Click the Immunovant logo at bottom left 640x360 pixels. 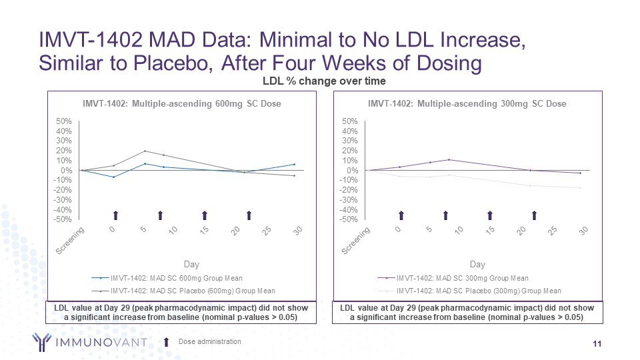(87, 343)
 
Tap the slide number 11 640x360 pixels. (597, 343)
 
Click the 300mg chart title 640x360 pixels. (467, 104)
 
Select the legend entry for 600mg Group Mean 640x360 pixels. (176, 278)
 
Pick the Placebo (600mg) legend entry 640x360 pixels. (192, 291)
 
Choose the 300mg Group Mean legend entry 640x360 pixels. (462, 278)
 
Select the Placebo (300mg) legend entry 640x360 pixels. (478, 291)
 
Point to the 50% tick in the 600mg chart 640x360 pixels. (64, 121)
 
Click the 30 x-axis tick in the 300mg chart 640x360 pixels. (585, 231)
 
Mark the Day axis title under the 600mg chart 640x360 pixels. (191, 265)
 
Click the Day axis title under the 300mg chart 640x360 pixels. (477, 265)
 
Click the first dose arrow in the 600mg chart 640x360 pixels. (115, 215)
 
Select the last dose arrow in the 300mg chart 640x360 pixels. (534, 215)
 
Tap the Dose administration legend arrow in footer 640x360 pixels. (167, 342)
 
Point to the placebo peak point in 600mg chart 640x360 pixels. (145, 151)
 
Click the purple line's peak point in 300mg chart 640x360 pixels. (449, 159)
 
